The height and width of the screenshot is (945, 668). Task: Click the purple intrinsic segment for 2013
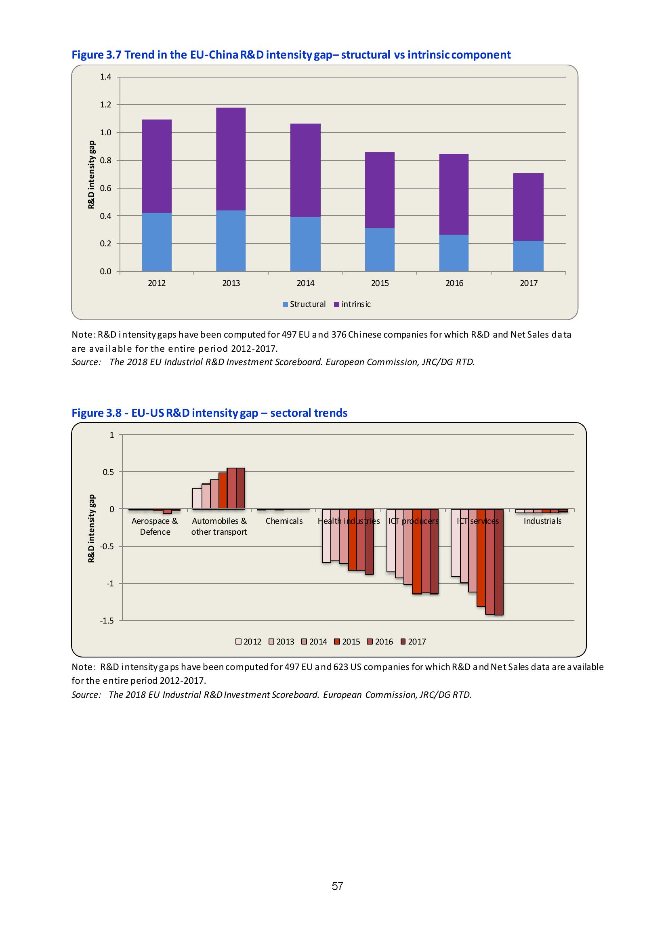(x=231, y=159)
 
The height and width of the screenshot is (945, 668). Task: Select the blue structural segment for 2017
(x=528, y=256)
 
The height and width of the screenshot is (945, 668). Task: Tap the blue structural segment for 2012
(x=156, y=241)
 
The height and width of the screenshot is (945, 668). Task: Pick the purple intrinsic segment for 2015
(x=380, y=190)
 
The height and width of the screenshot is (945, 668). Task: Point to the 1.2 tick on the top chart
(x=106, y=105)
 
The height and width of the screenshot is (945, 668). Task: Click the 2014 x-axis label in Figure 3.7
(x=305, y=283)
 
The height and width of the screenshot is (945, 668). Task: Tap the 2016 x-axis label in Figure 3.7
(x=454, y=283)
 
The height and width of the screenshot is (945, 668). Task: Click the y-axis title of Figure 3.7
(x=91, y=174)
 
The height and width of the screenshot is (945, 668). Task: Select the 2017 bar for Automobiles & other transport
(x=240, y=488)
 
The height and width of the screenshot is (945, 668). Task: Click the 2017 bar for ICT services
(x=498, y=562)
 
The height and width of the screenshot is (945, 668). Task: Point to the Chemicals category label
(x=284, y=521)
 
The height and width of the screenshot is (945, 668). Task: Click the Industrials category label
(x=542, y=521)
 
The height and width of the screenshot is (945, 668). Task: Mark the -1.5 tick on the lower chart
(x=107, y=621)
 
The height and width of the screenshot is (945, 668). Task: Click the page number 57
(x=337, y=886)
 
